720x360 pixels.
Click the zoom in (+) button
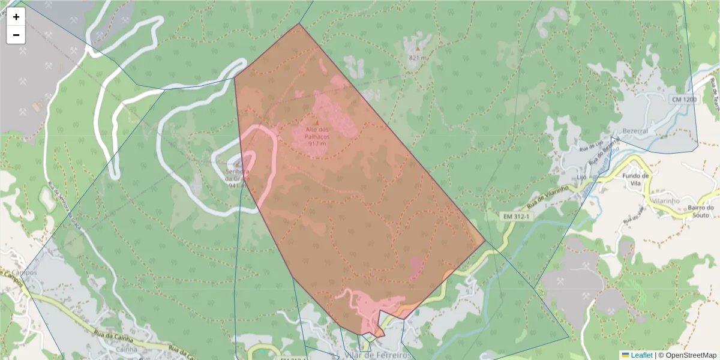16,17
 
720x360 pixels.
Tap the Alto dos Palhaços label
317,133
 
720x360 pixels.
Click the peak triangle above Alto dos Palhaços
317,122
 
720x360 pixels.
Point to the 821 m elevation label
418,58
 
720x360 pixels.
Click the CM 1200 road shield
684,99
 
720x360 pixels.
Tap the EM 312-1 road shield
517,215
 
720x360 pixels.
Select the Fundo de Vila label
636,179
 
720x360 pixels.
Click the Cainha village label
127,349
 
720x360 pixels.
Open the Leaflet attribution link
641,355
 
